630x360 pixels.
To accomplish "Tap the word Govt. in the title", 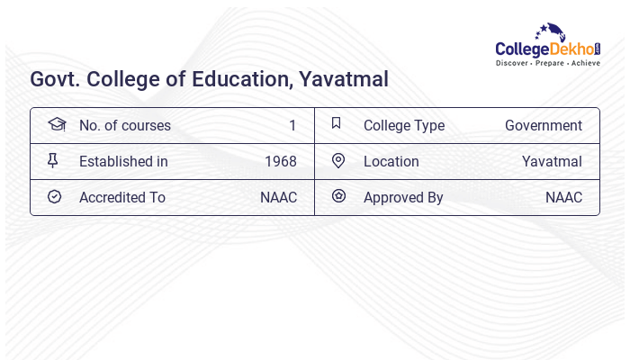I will coord(53,79).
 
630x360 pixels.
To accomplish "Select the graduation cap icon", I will coord(56,124).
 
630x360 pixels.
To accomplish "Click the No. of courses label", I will coord(124,125).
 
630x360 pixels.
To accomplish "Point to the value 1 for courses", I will coord(292,125).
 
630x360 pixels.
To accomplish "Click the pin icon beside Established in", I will coord(53,160).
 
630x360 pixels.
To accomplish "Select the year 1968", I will coord(280,161).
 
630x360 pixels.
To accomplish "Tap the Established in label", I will coord(123,161).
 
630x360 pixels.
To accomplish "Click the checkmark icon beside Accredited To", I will coord(54,196).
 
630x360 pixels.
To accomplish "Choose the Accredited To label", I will coord(121,197).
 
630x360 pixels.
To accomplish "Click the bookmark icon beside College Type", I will coord(336,123).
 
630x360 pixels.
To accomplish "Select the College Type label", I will coord(403,125).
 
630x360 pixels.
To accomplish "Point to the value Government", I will coord(543,125).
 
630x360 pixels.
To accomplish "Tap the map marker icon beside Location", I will coord(338,160).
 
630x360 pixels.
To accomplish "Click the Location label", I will coord(391,161).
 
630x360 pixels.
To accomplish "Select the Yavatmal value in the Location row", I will coord(552,161).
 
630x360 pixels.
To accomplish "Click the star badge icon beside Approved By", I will coord(338,196).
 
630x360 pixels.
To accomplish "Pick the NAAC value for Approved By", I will coord(563,197).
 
